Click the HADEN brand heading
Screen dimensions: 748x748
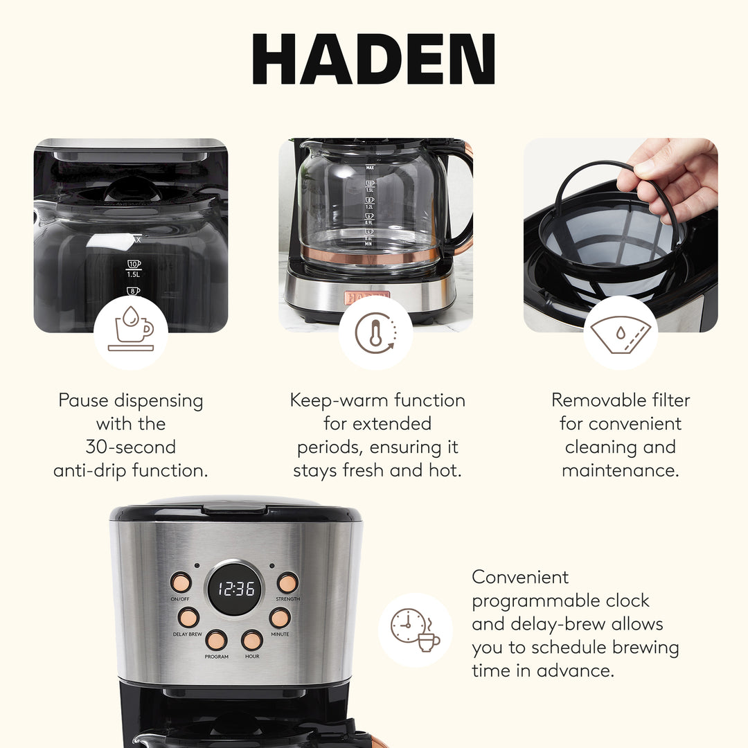pyautogui.click(x=374, y=60)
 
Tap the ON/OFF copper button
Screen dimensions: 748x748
pyautogui.click(x=181, y=582)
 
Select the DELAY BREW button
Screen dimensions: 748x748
pyautogui.click(x=188, y=617)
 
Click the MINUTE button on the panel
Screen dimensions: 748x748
pyautogui.click(x=280, y=617)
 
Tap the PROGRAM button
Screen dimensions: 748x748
pyautogui.click(x=216, y=639)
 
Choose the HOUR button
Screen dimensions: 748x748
pyautogui.click(x=252, y=639)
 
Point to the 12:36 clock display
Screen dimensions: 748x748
pyautogui.click(x=235, y=589)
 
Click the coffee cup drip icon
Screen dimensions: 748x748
pyautogui.click(x=130, y=332)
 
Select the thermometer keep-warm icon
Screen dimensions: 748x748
pyautogui.click(x=375, y=333)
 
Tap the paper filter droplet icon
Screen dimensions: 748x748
pyautogui.click(x=620, y=333)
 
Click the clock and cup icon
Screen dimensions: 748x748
pyautogui.click(x=415, y=630)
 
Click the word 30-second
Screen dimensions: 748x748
pyautogui.click(x=131, y=447)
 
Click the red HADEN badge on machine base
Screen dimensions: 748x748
pyautogui.click(x=367, y=296)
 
